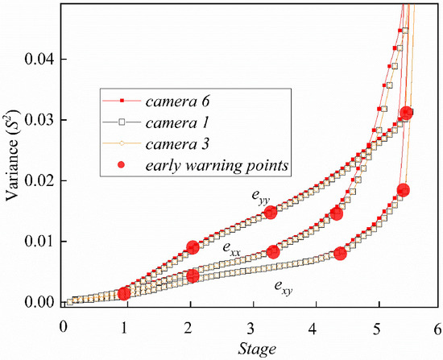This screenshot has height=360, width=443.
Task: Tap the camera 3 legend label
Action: [175, 144]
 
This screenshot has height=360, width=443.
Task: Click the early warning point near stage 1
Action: [124, 294]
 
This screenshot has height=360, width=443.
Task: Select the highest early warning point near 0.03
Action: [407, 114]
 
